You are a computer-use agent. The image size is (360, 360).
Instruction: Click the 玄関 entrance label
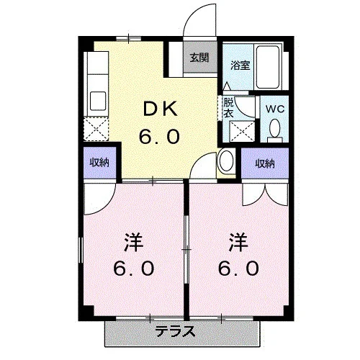click(199, 58)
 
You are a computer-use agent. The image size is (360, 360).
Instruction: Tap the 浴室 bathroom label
click(240, 66)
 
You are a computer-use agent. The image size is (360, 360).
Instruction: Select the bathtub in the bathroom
click(268, 67)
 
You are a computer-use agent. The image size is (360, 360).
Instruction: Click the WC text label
click(275, 109)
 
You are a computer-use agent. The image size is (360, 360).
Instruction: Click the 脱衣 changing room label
click(228, 108)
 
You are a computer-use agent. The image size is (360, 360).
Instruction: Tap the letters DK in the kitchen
click(161, 109)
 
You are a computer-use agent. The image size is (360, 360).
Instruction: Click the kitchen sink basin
click(98, 101)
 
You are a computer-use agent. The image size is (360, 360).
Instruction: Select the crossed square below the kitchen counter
click(96, 129)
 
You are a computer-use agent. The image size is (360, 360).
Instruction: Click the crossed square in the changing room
click(242, 131)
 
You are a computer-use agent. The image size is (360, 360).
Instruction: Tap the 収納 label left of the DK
click(99, 163)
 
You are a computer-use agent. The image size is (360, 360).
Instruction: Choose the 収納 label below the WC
click(265, 163)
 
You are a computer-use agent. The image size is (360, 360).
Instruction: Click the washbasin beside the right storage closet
click(226, 161)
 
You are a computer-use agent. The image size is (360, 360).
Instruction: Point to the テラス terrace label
click(175, 332)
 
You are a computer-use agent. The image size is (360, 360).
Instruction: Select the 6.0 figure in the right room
click(238, 269)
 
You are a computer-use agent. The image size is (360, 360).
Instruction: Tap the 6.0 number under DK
click(159, 136)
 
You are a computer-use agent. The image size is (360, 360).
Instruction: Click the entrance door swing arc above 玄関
click(192, 14)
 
